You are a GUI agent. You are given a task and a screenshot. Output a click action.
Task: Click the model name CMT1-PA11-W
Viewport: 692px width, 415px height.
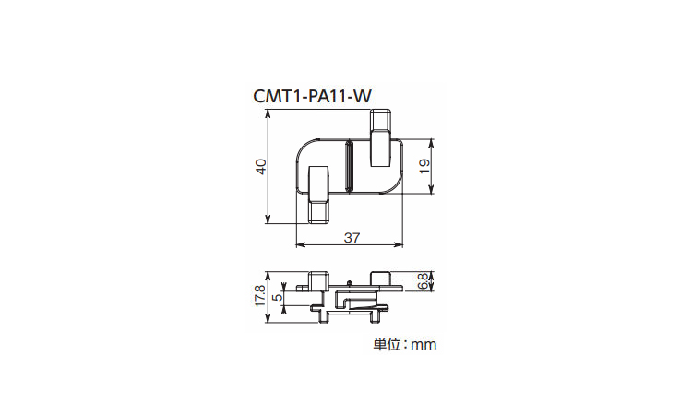(x=313, y=96)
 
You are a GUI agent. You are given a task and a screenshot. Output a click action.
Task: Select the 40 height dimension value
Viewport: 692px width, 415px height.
(x=261, y=167)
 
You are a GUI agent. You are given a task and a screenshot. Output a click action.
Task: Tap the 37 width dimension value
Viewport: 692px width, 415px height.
(x=352, y=238)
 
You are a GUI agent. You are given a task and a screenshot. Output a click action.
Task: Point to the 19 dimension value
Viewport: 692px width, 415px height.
(x=424, y=166)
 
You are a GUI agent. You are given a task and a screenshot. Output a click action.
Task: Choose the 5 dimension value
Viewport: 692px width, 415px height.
(x=278, y=297)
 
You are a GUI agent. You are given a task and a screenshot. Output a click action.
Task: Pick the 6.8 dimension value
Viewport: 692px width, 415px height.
(x=422, y=281)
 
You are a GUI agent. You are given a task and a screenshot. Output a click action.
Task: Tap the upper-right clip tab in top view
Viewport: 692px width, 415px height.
(x=380, y=138)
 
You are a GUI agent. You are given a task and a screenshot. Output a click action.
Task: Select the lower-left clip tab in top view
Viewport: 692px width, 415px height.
(x=317, y=195)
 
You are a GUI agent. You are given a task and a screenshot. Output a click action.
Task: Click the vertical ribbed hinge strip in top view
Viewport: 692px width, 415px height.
(x=349, y=166)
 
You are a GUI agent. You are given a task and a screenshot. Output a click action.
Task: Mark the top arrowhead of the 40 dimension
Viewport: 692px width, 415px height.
(x=268, y=114)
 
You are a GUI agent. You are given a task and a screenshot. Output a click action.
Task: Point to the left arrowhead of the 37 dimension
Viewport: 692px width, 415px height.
(x=300, y=243)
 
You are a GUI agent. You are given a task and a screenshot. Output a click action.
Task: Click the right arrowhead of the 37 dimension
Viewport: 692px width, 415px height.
(x=400, y=243)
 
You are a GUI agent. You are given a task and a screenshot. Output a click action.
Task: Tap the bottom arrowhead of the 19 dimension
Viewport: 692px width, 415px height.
(x=432, y=190)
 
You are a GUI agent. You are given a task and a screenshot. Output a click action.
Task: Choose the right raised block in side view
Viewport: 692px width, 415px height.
(x=381, y=279)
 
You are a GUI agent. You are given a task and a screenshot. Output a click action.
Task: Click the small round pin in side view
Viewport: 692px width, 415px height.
(x=349, y=282)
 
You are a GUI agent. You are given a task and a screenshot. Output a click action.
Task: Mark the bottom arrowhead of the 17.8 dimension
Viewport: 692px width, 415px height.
(x=268, y=319)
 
